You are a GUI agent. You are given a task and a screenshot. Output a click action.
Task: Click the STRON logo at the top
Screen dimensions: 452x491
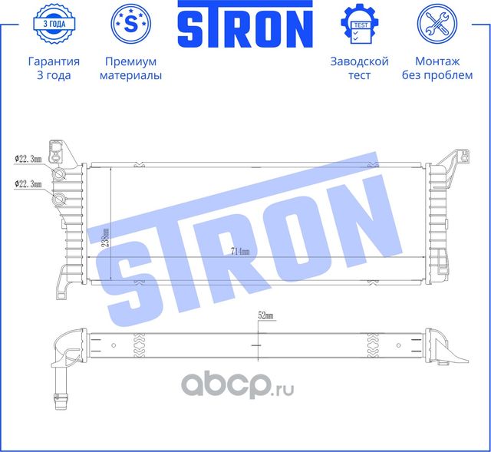[245, 25]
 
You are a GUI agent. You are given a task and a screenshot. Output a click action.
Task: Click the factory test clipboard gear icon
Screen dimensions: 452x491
[359, 24]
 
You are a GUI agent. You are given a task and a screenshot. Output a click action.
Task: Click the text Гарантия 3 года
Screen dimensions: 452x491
[53, 68]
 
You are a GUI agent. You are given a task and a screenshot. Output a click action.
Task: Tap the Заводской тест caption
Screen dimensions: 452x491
[359, 68]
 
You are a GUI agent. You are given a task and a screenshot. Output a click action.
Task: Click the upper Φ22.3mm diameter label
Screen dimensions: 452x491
[28, 159]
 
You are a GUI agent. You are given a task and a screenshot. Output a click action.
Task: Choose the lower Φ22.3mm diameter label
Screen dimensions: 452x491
[28, 183]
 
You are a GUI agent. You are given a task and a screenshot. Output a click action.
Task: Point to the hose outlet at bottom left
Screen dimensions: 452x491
[59, 399]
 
